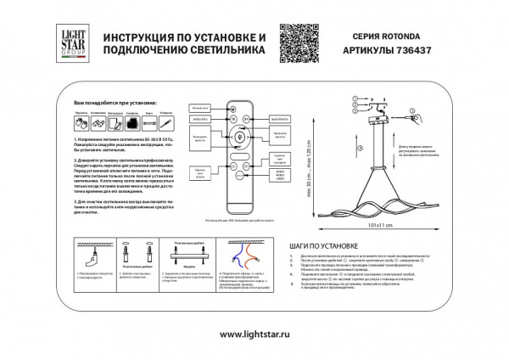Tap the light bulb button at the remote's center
(240, 138)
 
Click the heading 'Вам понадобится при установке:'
(102, 101)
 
